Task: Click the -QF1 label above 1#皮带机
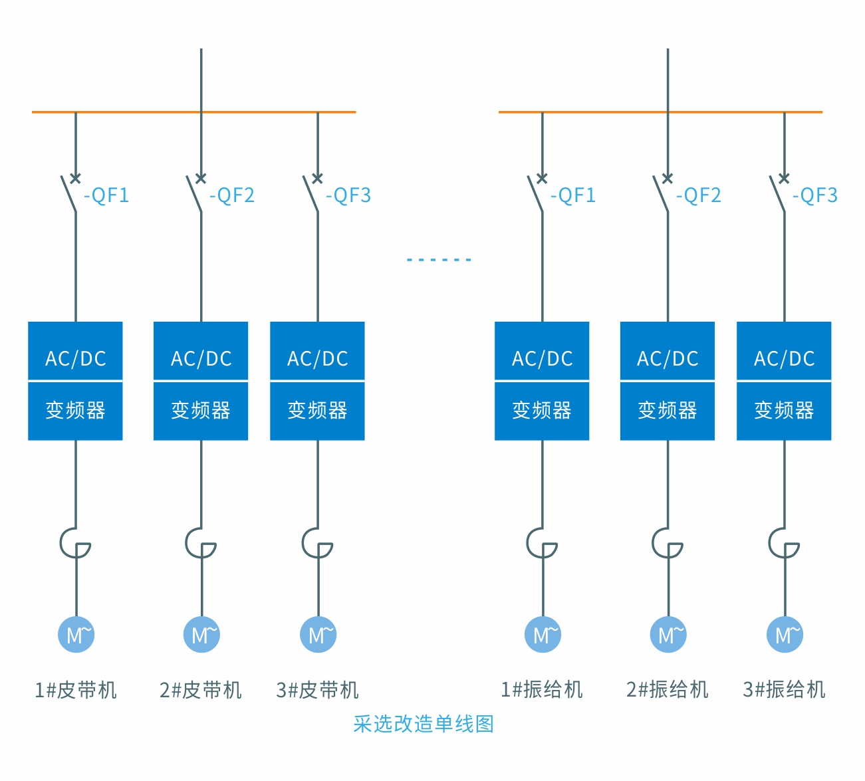tap(106, 195)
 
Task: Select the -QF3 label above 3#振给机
tap(815, 195)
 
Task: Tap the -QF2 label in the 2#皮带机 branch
tap(232, 195)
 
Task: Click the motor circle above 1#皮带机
tap(76, 634)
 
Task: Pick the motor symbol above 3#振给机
tap(785, 634)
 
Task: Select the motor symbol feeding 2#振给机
tap(668, 634)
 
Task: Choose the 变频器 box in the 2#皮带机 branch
tap(201, 411)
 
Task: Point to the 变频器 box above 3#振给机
tap(784, 411)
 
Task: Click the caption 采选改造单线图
tap(424, 724)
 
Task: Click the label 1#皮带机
tap(76, 690)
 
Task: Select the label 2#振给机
tap(668, 690)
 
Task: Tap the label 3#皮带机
tap(317, 690)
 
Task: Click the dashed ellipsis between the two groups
tap(439, 259)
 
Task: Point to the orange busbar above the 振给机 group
tap(598, 112)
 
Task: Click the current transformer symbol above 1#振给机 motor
tap(541, 543)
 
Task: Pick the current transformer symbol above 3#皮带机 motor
tap(316, 543)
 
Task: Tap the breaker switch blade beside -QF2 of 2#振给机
tap(661, 194)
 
